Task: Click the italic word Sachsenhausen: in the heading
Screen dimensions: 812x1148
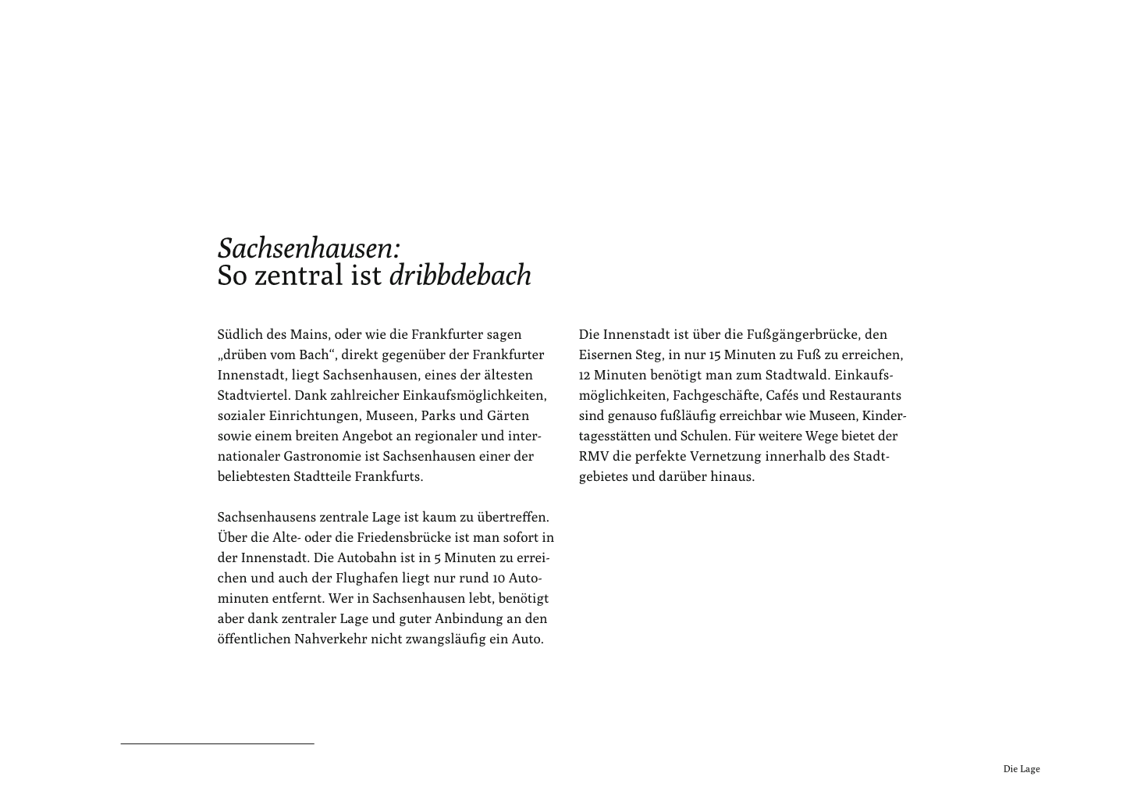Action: [309, 248]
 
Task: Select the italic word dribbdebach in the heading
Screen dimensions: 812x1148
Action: [460, 275]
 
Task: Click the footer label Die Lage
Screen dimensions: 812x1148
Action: [1021, 769]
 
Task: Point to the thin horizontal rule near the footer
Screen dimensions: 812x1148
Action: [217, 744]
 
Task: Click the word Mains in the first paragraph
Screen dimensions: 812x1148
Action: [308, 334]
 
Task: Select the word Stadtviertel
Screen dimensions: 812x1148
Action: [253, 395]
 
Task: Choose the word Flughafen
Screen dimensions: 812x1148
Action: [366, 578]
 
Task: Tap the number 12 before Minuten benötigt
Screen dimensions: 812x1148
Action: [585, 375]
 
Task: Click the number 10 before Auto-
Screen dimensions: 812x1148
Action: [500, 578]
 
